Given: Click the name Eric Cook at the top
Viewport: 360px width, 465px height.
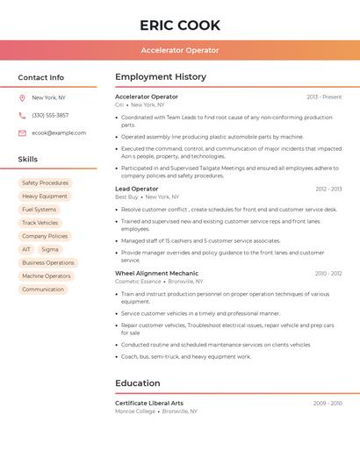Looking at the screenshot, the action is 180,25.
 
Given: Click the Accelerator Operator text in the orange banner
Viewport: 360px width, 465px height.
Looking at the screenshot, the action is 180,50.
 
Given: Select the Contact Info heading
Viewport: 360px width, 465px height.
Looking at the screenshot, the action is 40,77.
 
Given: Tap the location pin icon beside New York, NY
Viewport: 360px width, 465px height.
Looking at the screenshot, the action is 22,98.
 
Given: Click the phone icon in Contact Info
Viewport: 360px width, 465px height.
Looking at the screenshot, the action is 22,116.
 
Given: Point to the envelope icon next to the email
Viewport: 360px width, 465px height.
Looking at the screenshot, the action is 22,133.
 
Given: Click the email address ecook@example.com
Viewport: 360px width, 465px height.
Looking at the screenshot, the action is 59,133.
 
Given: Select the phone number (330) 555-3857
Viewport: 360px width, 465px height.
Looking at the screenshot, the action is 50,116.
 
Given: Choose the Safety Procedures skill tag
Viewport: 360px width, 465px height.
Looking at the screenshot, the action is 45,183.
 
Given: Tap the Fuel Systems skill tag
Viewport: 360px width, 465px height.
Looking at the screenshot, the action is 39,210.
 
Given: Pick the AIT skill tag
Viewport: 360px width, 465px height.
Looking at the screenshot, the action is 26,249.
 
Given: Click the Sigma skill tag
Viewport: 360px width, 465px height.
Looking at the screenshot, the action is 50,249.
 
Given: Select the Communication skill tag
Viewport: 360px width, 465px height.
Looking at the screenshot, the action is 43,290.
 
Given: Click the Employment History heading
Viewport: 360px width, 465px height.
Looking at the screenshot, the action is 161,77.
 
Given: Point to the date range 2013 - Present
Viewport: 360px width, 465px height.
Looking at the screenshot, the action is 324,97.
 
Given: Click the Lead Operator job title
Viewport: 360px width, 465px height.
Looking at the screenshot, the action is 137,189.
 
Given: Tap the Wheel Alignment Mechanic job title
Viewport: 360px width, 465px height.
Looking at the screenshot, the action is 157,274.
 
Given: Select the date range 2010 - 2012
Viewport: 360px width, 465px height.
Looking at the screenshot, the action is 328,274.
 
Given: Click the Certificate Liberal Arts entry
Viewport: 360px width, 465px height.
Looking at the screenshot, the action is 149,404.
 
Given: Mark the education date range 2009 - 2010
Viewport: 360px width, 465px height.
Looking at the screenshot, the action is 328,404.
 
